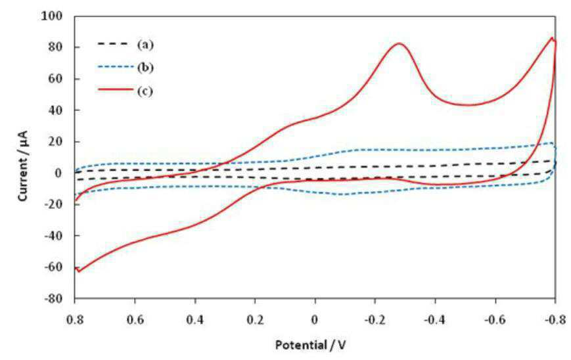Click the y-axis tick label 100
(x=52, y=16)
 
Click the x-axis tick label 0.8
(x=75, y=320)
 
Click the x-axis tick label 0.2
(x=255, y=320)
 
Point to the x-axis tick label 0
(x=315, y=320)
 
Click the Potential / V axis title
(x=310, y=345)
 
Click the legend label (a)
(x=145, y=45)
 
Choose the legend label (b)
(x=145, y=68)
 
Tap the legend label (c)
(x=145, y=91)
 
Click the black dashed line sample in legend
(x=113, y=44)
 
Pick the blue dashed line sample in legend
(x=115, y=67)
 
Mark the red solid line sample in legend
(x=115, y=89)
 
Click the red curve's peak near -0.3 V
(x=399, y=43)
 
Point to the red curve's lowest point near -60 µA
(x=78, y=271)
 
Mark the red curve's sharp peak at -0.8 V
(x=552, y=37)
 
